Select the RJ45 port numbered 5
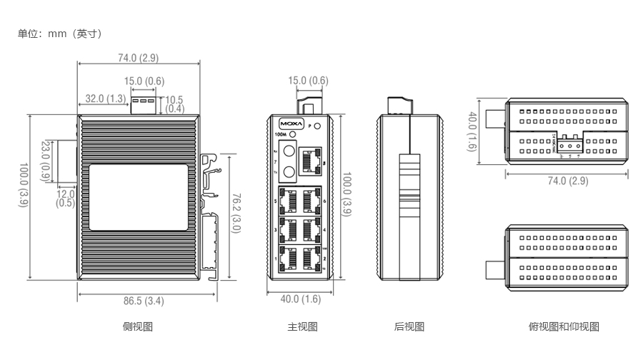(289, 201)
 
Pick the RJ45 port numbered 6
(312, 201)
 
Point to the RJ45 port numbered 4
(312, 229)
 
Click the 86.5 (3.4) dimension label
(144, 301)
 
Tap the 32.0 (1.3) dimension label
(105, 99)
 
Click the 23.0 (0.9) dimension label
(45, 160)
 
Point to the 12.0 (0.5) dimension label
(65, 199)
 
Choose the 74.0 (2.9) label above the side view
(139, 58)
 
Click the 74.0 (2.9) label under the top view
(568, 181)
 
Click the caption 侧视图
(138, 327)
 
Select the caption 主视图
(302, 327)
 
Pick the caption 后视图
(409, 327)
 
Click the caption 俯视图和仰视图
(564, 327)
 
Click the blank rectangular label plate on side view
(139, 197)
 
